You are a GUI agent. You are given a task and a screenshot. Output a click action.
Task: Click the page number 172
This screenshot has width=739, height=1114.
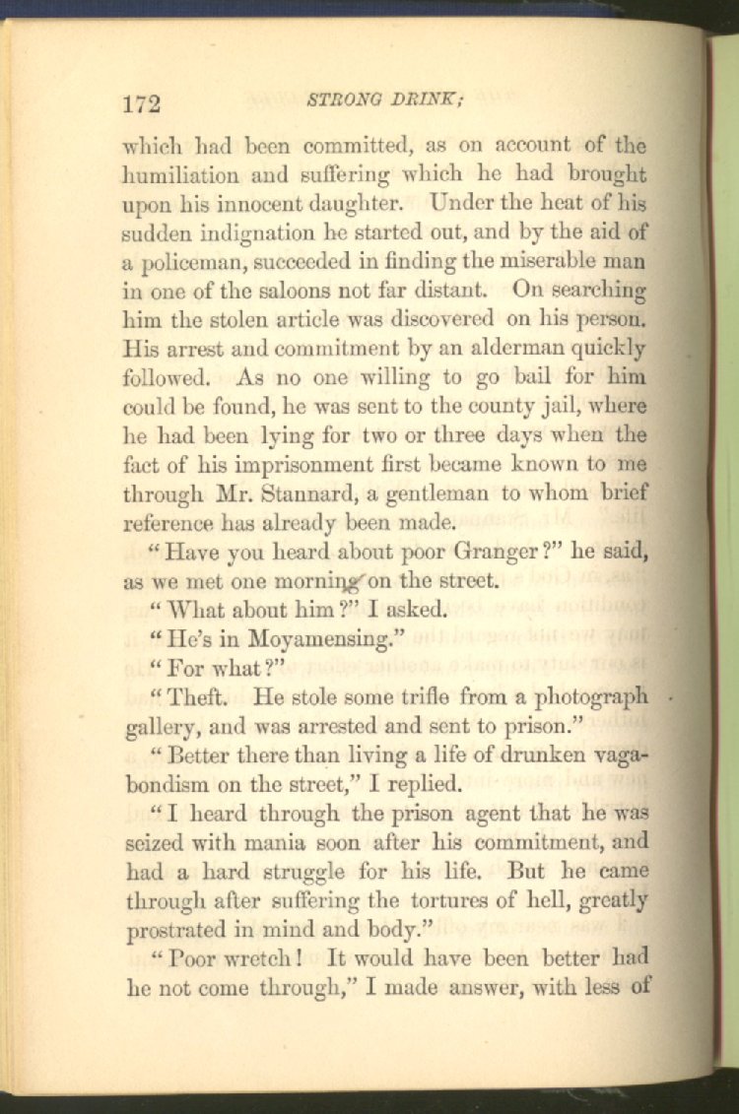coord(142,103)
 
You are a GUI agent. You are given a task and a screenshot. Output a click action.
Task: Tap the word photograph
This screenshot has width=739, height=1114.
coord(589,697)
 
